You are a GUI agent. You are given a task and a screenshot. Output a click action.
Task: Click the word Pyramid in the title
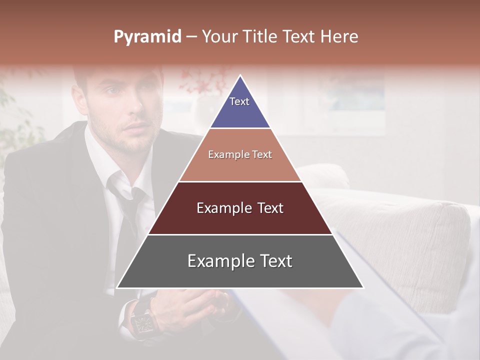147,37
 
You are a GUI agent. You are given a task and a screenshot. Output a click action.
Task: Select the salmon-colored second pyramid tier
240,165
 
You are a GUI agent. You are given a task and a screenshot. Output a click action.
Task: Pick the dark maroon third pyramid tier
240,220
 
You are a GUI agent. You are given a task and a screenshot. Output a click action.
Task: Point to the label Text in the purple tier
239,101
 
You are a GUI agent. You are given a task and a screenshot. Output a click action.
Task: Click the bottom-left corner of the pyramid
117,287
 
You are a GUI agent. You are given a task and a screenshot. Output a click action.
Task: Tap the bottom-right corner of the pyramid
363,287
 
